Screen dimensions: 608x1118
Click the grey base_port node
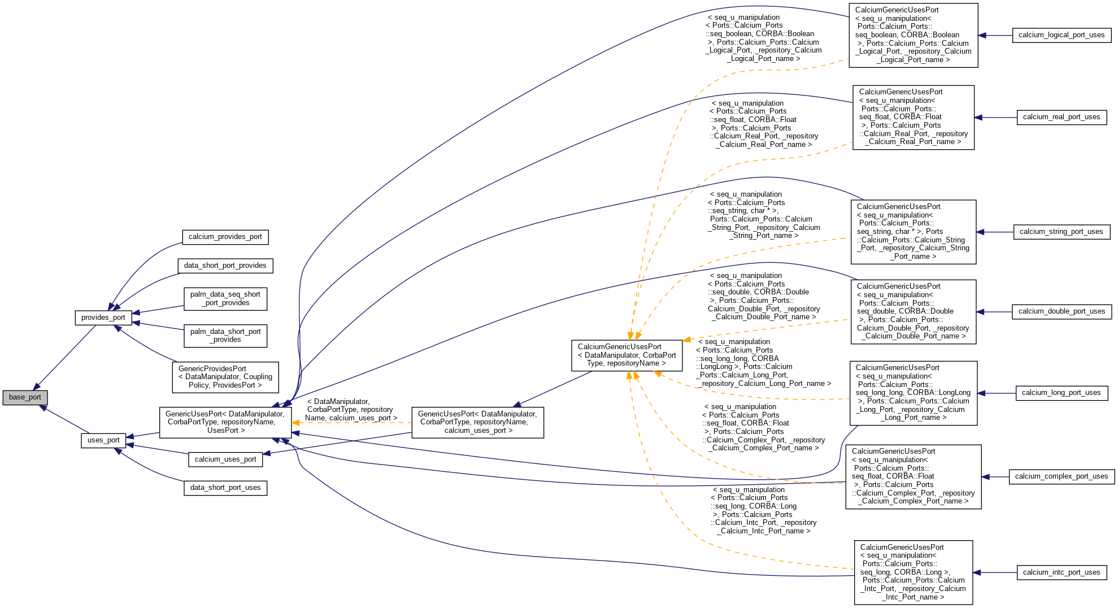[25, 397]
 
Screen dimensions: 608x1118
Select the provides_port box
[103, 318]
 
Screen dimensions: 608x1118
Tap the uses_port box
[103, 440]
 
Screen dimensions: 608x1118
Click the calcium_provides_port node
[225, 237]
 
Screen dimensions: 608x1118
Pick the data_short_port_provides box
[225, 266]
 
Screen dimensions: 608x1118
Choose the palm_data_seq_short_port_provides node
[225, 299]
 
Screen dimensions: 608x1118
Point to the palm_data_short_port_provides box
[225, 336]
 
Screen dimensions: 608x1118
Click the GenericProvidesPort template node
[225, 377]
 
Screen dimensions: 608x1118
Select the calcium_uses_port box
[225, 459]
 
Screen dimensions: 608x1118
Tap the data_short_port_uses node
[225, 488]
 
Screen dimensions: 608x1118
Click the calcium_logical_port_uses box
[1061, 35]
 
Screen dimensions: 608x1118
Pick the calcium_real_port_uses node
[1061, 118]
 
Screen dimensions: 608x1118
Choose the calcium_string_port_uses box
[1061, 232]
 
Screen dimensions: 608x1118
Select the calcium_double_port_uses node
[1061, 311]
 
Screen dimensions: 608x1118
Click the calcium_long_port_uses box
[1061, 393]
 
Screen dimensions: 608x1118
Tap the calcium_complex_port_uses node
[1061, 476]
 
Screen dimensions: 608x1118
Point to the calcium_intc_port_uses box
[1061, 572]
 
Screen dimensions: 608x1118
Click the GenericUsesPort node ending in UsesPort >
[225, 422]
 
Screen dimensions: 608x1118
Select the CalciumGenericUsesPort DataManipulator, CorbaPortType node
[627, 355]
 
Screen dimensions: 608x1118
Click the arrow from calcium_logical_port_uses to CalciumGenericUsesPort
[995, 35]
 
